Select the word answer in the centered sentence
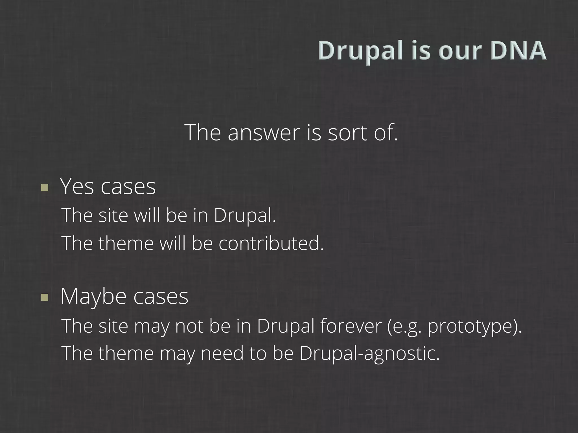(264, 132)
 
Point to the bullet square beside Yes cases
(45, 187)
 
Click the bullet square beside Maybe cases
(45, 297)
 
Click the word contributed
(271, 243)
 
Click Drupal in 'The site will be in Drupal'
(244, 216)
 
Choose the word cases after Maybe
(161, 297)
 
